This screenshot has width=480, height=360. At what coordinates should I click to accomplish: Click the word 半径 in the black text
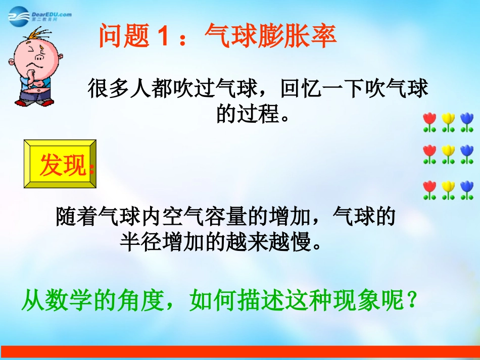(x=136, y=242)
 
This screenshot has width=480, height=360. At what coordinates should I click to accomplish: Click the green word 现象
(x=370, y=301)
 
